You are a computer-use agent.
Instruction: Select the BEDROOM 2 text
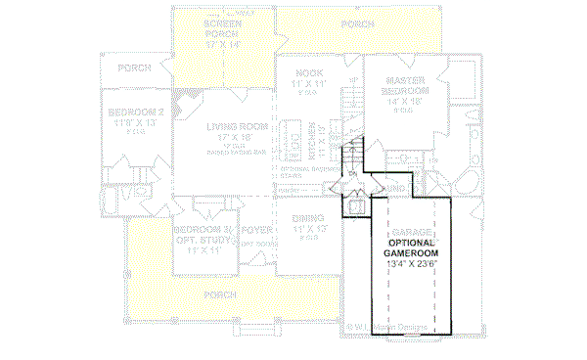(x=135, y=112)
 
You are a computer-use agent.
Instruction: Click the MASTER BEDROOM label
(x=404, y=86)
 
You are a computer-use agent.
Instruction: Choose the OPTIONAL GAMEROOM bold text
(x=411, y=247)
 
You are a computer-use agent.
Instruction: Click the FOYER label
(x=255, y=231)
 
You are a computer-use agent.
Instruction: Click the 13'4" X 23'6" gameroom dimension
(x=411, y=263)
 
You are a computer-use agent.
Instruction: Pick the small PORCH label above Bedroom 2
(x=134, y=68)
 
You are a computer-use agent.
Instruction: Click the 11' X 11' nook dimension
(x=311, y=86)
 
